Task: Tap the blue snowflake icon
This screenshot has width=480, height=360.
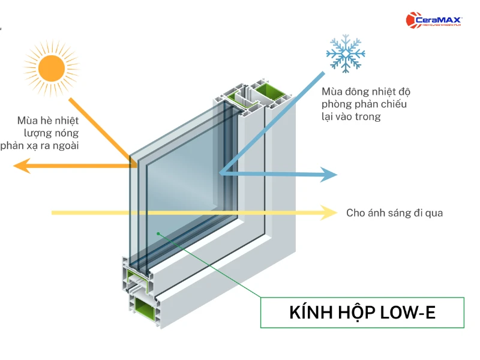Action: (345, 53)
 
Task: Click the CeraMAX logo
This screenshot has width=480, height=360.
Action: (434, 21)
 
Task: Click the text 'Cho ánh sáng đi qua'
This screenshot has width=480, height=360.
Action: (394, 213)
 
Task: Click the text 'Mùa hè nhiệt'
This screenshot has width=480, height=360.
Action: (48, 119)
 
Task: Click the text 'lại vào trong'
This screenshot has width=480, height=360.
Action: (351, 117)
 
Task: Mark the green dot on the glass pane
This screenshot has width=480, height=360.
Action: (158, 233)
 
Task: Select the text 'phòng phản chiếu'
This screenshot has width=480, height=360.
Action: (364, 104)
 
